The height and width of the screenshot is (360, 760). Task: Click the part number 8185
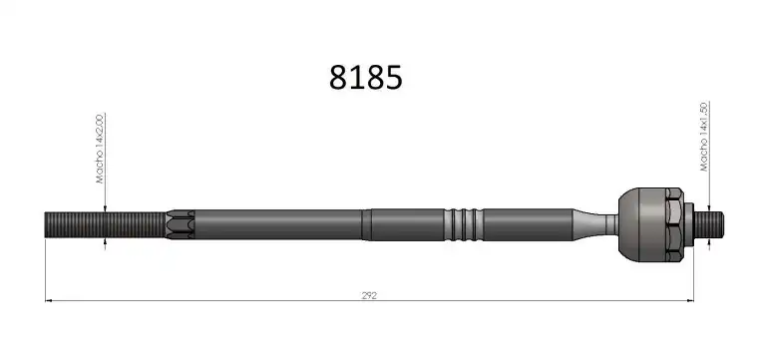[x=365, y=78]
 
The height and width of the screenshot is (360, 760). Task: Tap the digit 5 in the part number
[x=394, y=78]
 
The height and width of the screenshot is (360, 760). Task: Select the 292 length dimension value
[x=369, y=295]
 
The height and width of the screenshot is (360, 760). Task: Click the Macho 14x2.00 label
[x=100, y=149]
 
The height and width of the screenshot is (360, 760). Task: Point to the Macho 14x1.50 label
[x=704, y=137]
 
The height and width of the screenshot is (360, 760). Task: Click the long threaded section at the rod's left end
[x=105, y=224]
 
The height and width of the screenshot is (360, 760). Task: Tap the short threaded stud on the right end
[x=708, y=224]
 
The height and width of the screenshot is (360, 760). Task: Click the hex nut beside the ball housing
[x=674, y=224]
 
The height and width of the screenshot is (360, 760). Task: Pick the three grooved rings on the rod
[x=464, y=224]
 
